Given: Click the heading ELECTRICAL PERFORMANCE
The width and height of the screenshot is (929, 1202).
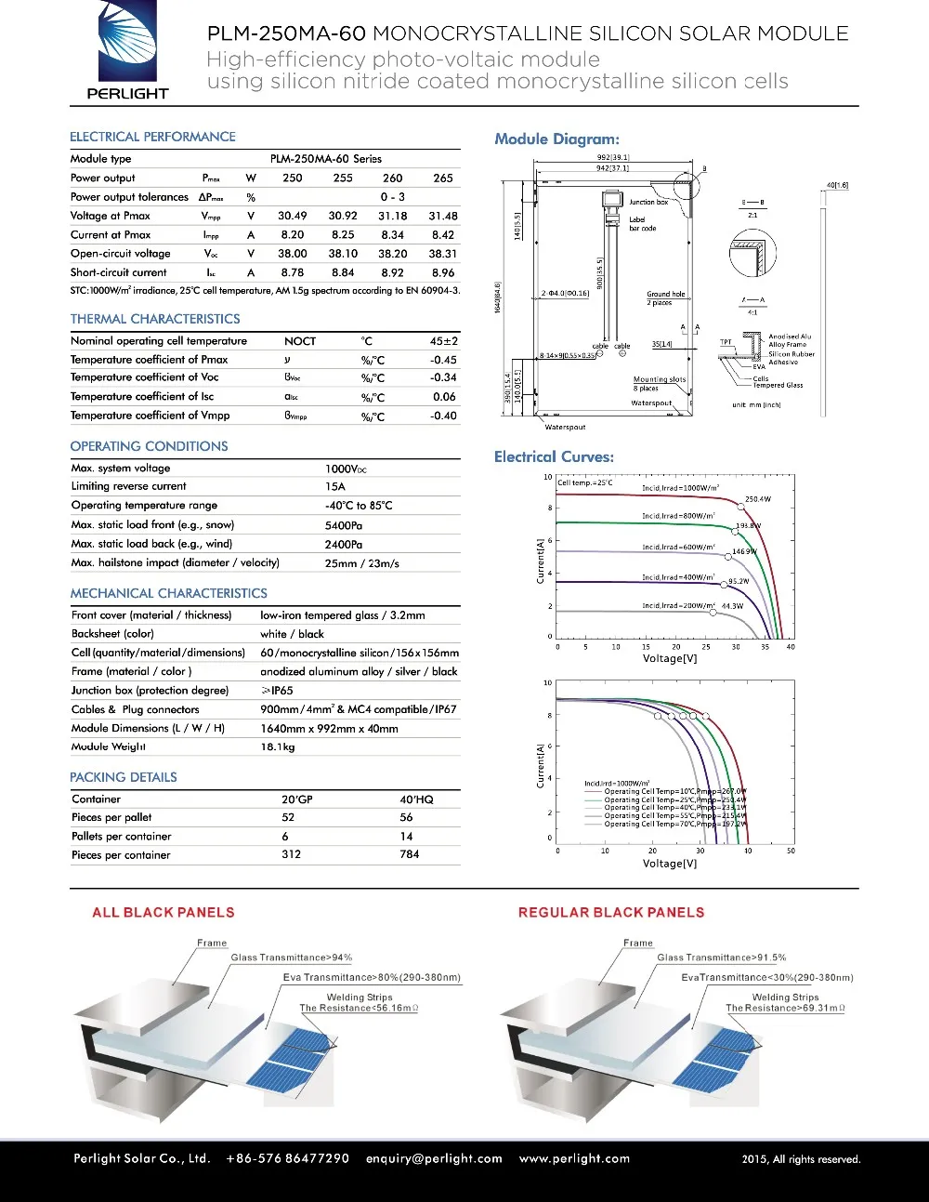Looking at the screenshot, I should pos(152,137).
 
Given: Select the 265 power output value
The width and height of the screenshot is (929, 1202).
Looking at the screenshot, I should pos(443,178).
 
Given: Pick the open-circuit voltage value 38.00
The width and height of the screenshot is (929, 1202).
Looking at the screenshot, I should pos(292,253).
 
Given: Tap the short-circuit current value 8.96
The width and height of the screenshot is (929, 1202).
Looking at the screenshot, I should pos(443,272).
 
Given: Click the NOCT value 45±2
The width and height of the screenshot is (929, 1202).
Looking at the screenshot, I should pos(443,341).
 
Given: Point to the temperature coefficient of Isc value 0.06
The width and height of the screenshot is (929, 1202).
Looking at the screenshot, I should pos(444,397).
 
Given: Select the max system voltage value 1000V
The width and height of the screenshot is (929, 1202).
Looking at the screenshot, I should pos(346,469).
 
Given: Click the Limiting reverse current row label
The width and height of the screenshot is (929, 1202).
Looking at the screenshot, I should pos(128,486).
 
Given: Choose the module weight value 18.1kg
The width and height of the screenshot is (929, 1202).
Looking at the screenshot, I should pos(277,746).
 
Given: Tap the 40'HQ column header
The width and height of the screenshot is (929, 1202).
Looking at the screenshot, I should pos(416,799).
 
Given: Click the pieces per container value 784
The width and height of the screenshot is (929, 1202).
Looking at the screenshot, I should pos(410,854).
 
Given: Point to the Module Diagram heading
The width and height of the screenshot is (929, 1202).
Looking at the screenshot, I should pos(556,139).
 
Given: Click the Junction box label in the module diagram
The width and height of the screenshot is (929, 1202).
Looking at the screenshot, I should pos(648,202).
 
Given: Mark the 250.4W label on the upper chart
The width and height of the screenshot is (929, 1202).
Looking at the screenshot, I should pos(757,499).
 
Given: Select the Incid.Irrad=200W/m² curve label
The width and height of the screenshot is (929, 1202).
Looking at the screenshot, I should pos(677,605).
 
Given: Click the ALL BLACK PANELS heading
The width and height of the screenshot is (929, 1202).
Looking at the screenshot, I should pos(164,913).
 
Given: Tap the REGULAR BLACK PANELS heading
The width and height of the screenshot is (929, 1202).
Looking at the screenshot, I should pos(611,913).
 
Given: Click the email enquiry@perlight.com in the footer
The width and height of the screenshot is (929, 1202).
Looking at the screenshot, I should pos(434,1158).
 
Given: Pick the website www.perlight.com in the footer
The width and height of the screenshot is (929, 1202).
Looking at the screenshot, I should pos(574,1158).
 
